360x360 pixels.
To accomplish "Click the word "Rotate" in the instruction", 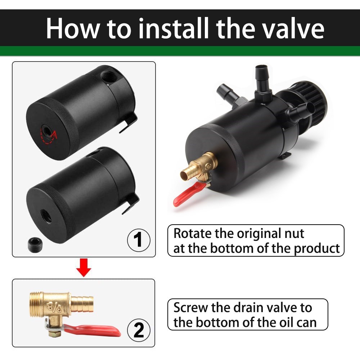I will [x=193, y=233].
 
